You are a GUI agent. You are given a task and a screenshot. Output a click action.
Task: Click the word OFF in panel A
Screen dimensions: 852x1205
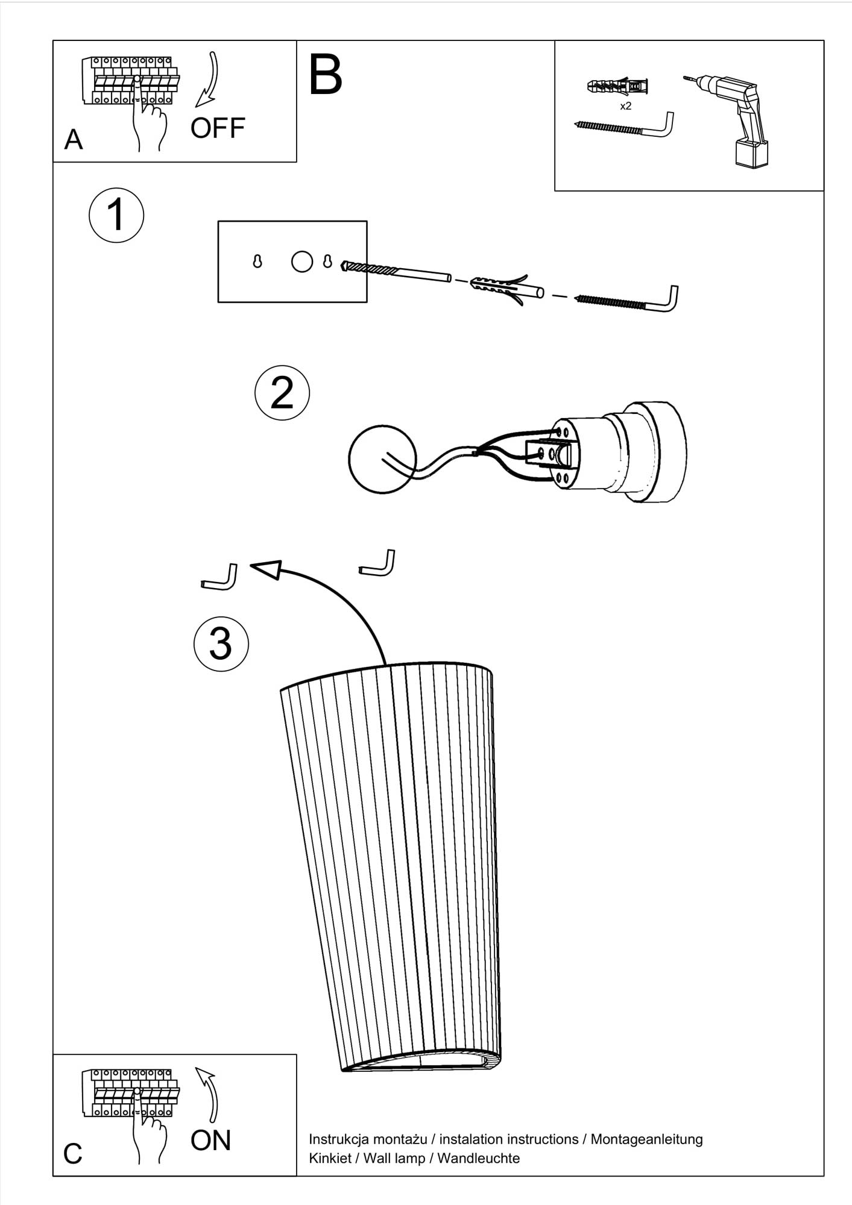(218, 128)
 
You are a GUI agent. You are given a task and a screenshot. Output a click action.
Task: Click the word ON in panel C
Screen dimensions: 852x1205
(211, 1140)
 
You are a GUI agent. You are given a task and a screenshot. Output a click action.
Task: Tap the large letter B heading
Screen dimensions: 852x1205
(326, 75)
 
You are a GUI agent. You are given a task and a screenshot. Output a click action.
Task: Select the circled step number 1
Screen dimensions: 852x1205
(116, 215)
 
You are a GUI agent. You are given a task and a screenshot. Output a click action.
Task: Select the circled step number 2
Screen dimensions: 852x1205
(282, 392)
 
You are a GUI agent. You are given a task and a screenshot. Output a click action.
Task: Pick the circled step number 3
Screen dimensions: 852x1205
(221, 643)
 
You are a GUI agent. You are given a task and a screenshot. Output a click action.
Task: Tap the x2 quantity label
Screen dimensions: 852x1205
(626, 106)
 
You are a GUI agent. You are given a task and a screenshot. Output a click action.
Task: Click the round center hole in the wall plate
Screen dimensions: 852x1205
(302, 261)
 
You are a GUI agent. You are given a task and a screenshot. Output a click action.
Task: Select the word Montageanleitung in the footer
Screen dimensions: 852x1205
(646, 1139)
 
